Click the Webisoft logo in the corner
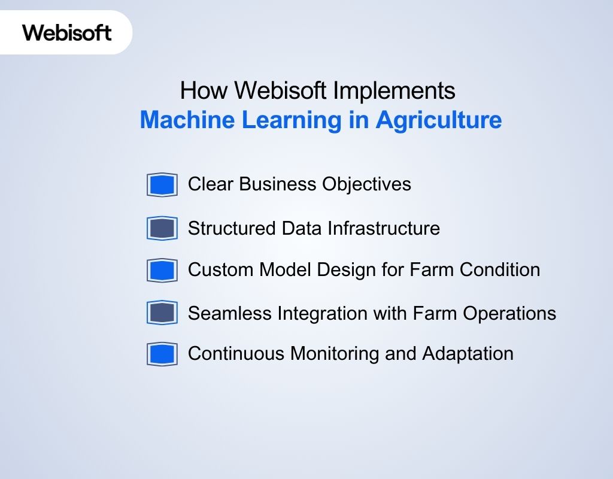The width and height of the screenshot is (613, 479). pos(67,32)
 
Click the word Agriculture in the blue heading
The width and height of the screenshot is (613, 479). pos(438,120)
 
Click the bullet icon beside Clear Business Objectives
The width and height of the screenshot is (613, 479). pos(162,184)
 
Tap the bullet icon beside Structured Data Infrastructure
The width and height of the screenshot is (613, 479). pos(162,228)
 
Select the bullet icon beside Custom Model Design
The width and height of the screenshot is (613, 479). pos(162,270)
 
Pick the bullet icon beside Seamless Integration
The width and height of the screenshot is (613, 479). pos(162,313)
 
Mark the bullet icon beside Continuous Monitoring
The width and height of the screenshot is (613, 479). pos(162,354)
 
